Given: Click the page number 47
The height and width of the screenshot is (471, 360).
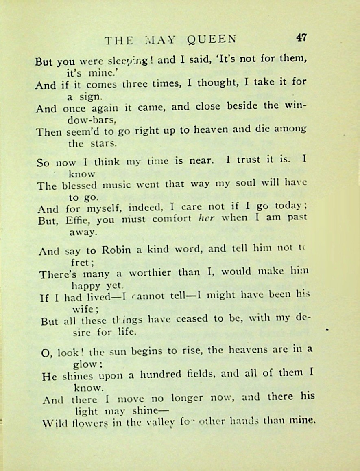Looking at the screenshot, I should pyautogui.click(x=301, y=38).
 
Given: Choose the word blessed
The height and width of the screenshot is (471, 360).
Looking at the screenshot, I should pyautogui.click(x=80, y=186).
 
